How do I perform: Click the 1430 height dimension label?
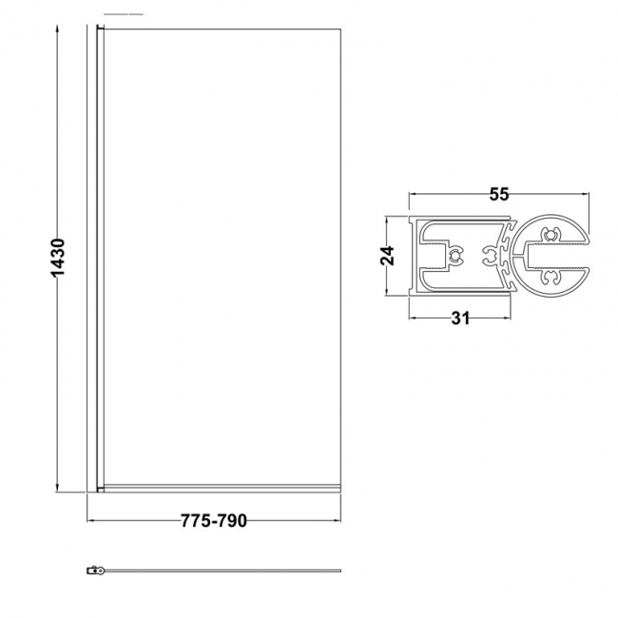(58, 257)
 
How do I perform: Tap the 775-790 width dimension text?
(214, 521)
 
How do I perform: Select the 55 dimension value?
(499, 195)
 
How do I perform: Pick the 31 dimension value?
(460, 319)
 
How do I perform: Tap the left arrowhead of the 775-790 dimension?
(92, 521)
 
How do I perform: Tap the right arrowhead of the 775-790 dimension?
(338, 521)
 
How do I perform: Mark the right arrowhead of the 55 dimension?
(586, 195)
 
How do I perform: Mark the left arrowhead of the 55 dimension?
(414, 195)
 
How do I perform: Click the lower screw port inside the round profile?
(550, 279)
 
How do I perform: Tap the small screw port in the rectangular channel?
(454, 254)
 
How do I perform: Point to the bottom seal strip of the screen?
(219, 490)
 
